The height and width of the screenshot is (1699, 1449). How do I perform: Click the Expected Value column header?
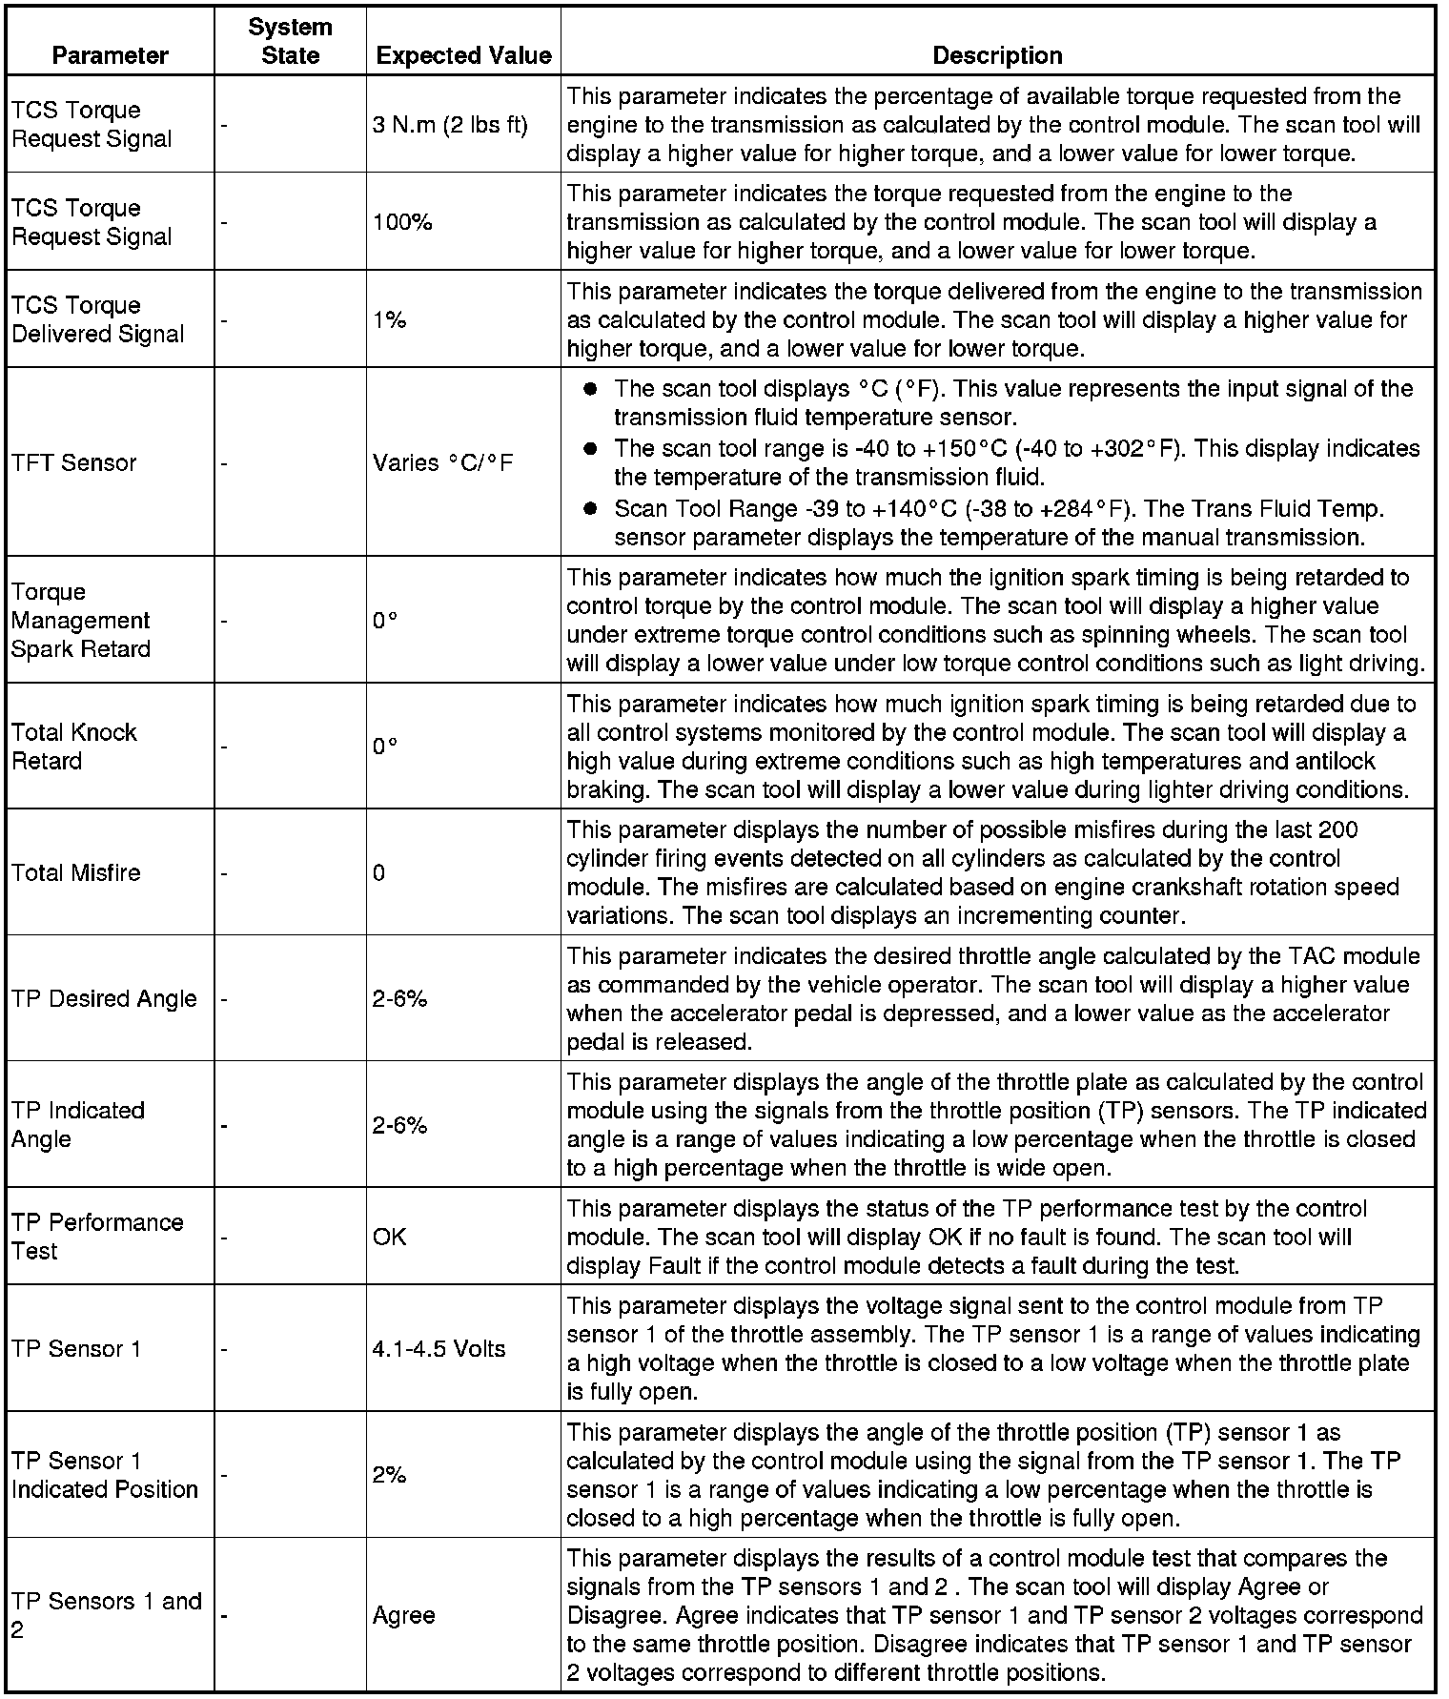click(463, 55)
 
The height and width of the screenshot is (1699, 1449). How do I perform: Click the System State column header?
click(290, 41)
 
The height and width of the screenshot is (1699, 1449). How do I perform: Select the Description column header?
click(997, 55)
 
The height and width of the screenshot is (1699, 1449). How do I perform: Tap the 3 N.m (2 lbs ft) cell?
click(450, 125)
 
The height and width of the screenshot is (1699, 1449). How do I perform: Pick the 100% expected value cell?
click(402, 222)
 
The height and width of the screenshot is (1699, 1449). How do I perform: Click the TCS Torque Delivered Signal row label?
click(98, 319)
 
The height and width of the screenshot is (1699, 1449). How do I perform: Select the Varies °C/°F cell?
click(442, 463)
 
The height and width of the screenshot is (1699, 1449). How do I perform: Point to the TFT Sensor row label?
click(74, 463)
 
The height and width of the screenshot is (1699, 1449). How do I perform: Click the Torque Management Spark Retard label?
click(81, 621)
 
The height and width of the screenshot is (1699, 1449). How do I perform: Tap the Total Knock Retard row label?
click(74, 747)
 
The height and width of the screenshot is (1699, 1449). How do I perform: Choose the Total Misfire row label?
click(76, 872)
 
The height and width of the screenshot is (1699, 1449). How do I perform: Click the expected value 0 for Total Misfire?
click(379, 872)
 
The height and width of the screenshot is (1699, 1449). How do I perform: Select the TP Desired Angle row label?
click(105, 998)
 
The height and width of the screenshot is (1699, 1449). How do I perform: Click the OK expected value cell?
click(389, 1237)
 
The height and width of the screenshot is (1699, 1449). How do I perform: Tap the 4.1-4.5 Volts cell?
click(439, 1349)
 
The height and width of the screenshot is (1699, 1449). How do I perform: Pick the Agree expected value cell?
click(403, 1615)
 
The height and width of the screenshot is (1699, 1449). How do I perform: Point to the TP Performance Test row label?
click(97, 1237)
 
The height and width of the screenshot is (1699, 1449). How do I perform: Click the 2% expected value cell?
click(389, 1475)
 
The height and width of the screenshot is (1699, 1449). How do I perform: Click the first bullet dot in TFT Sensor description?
click(590, 389)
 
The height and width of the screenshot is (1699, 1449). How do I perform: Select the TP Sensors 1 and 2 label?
click(107, 1615)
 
